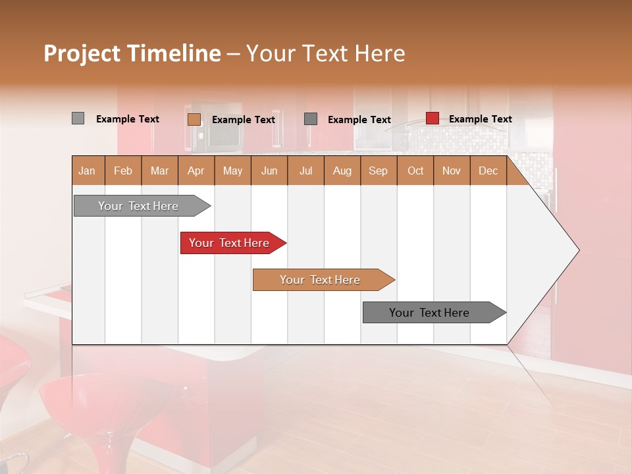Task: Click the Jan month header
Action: (88, 171)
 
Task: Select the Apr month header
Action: (196, 171)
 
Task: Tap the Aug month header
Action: (342, 171)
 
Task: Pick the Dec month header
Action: (488, 171)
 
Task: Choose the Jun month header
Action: (269, 171)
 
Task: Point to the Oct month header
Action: (415, 171)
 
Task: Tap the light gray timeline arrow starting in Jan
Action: (139, 206)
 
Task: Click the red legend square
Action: (433, 118)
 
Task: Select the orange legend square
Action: (194, 119)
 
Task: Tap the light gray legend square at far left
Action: (78, 118)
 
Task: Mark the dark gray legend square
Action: (311, 118)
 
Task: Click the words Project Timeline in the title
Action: (132, 53)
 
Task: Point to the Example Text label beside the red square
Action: (481, 119)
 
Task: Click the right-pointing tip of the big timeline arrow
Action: (575, 250)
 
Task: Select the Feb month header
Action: (123, 171)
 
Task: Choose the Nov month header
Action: (452, 171)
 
